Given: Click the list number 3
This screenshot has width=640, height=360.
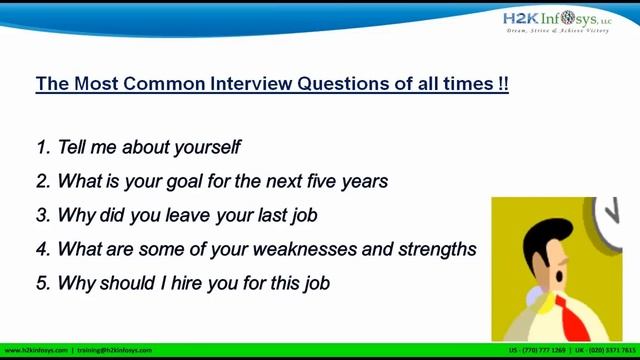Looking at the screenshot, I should pos(42,216).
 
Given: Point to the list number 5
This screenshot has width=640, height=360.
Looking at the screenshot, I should pos(42,283).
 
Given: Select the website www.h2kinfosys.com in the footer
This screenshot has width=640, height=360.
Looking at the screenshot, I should pos(36,351).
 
